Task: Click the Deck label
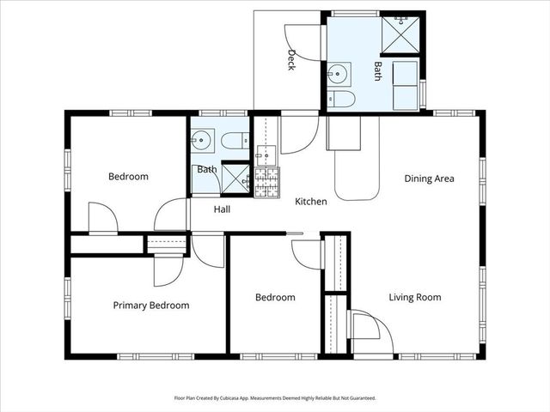[292, 60]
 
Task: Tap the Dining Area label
[429, 179]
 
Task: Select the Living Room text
[414, 298]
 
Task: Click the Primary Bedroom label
[151, 305]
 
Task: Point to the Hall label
[222, 209]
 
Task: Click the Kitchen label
[310, 202]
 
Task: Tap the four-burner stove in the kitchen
[266, 181]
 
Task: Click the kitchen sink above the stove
[266, 155]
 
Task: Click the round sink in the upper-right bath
[340, 72]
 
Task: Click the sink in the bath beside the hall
[203, 139]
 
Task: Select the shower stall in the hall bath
[235, 178]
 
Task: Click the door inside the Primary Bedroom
[167, 272]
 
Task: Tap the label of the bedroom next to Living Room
[275, 298]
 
